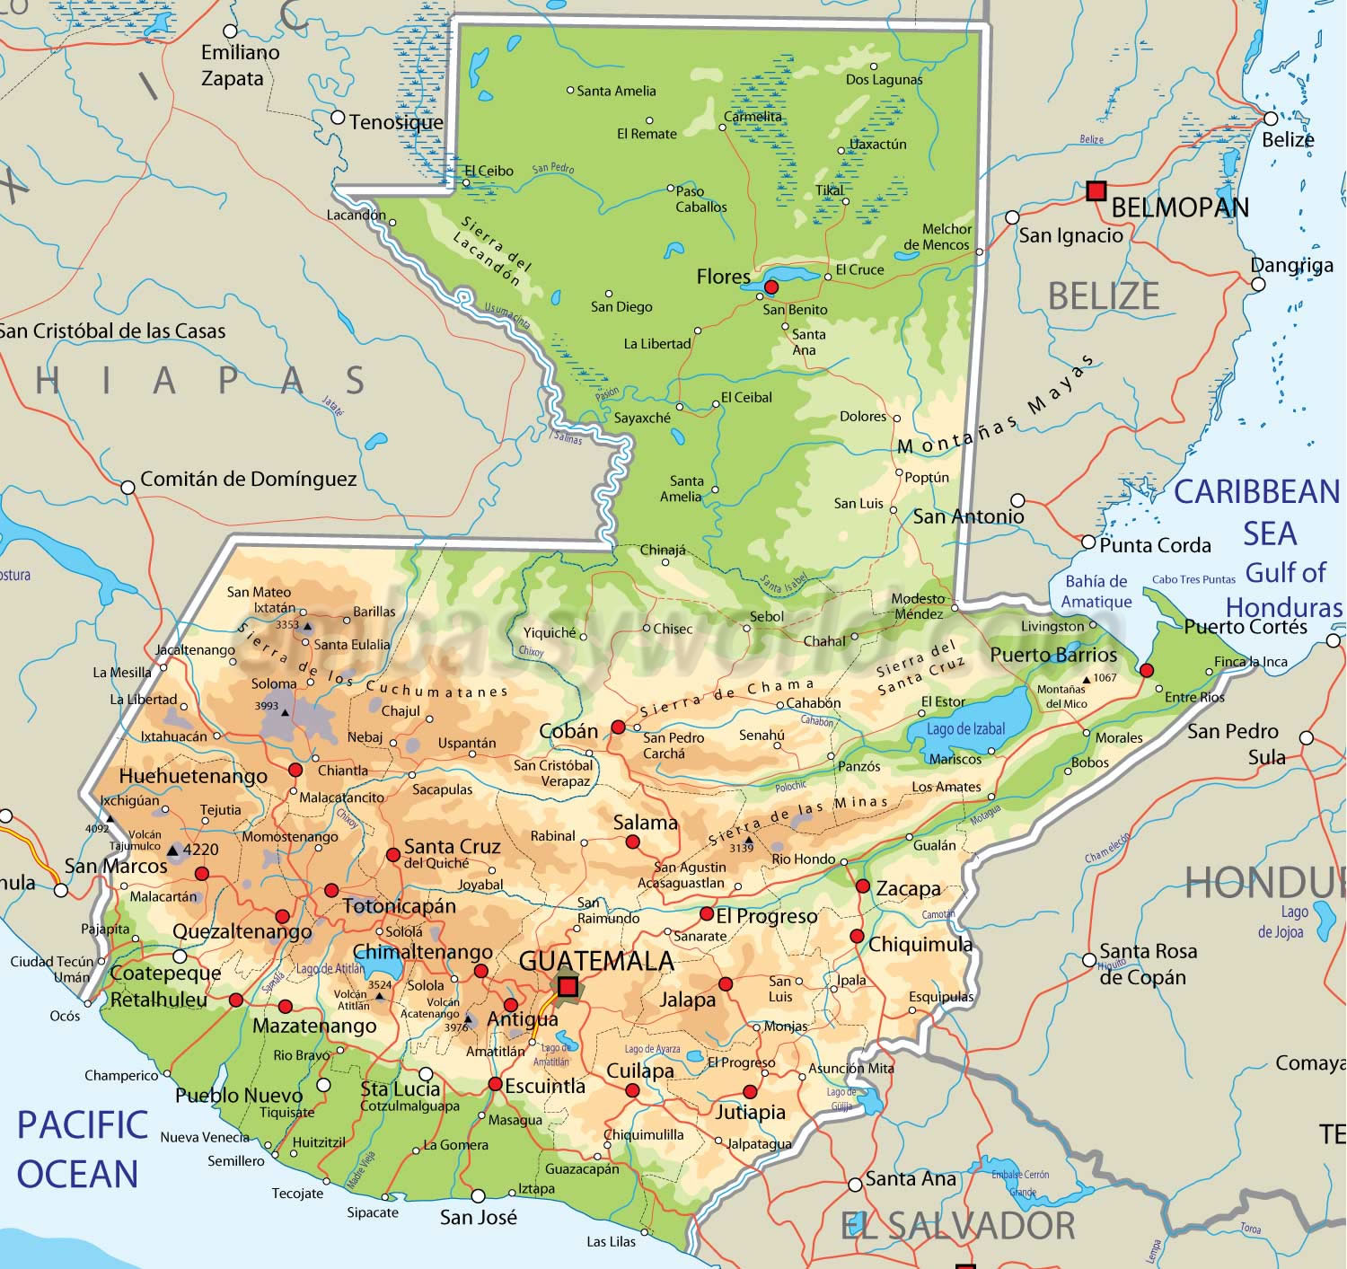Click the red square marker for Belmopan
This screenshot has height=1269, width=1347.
pos(1096,190)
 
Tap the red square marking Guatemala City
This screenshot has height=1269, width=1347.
pos(568,987)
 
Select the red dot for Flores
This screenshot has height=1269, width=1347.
pos(770,286)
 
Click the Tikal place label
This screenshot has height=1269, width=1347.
pos(830,189)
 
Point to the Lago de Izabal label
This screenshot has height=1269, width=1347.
pos(966,728)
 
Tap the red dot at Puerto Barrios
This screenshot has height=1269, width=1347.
pos(1146,670)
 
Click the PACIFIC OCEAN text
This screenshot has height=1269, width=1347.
pos(81,1150)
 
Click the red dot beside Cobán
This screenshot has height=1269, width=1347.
pos(618,727)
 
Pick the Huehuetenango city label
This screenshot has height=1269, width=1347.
pos(193,776)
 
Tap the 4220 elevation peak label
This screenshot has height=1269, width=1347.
pos(200,849)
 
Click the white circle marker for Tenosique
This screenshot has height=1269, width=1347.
pos(338,118)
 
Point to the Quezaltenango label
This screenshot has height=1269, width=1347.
pos(242,931)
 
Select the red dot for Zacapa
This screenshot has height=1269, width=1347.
pos(862,886)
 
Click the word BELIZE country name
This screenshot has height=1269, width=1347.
pos(1104,295)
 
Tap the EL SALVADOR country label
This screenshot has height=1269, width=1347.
pos(958,1226)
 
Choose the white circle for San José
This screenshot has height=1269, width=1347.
pos(478,1196)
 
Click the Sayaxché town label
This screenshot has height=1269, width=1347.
pos(642,418)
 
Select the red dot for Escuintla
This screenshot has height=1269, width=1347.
pos(495,1084)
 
